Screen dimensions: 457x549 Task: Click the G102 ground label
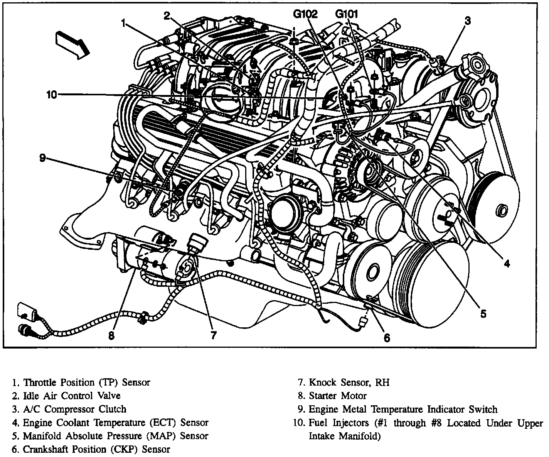[x=305, y=15]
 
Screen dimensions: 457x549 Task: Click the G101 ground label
[x=347, y=15]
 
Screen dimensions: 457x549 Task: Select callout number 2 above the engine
[x=166, y=15]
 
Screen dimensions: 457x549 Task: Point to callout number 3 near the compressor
[x=467, y=21]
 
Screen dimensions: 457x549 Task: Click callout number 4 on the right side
[x=507, y=264]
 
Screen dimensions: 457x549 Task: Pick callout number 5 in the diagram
[x=483, y=313]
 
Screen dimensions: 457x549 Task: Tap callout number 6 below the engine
[x=387, y=338]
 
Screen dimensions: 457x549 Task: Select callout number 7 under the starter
[x=213, y=335]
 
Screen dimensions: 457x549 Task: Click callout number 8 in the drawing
[x=111, y=336]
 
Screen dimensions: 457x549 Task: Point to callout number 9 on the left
[x=42, y=157]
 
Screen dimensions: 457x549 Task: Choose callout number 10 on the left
[x=51, y=95]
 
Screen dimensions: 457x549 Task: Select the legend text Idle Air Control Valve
[x=72, y=396]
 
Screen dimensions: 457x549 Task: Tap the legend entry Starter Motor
[x=338, y=396]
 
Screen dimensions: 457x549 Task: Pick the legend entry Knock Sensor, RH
[x=349, y=382]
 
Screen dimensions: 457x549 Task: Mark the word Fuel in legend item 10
[x=317, y=423]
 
